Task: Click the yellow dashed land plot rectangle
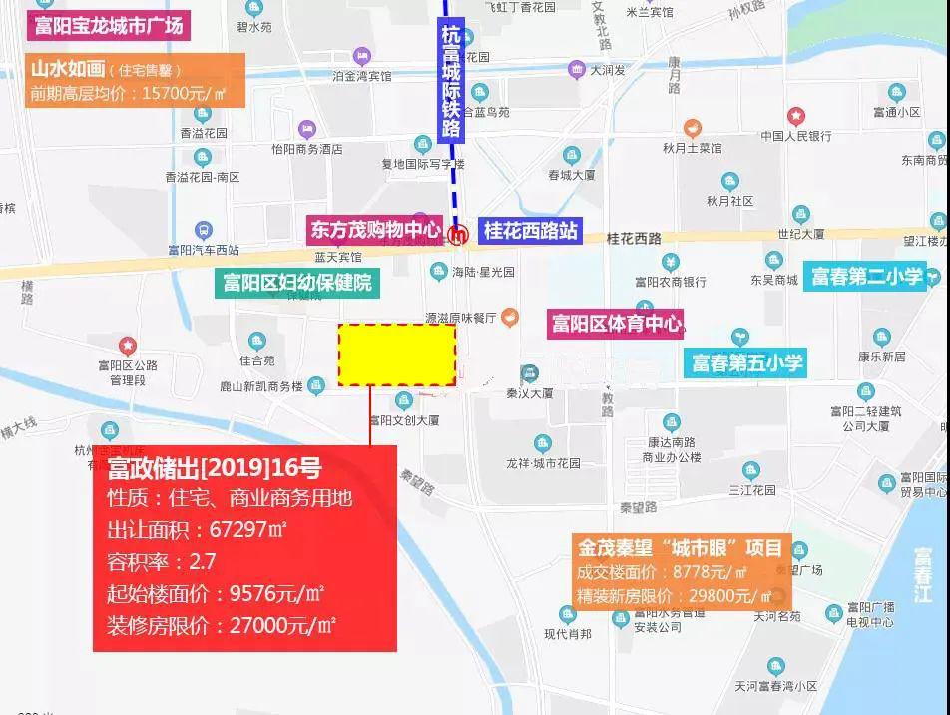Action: pos(397,355)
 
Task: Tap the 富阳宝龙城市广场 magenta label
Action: pos(109,26)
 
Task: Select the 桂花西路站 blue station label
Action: pos(530,231)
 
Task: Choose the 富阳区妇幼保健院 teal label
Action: pos(297,283)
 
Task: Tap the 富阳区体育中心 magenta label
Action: pos(617,324)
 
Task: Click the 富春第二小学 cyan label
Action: pos(866,276)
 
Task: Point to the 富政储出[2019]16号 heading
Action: pos(215,468)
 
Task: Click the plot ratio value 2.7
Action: pos(202,561)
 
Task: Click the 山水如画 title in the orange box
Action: pos(68,69)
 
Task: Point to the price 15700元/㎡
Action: pos(185,94)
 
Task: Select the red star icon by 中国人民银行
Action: pos(795,116)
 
